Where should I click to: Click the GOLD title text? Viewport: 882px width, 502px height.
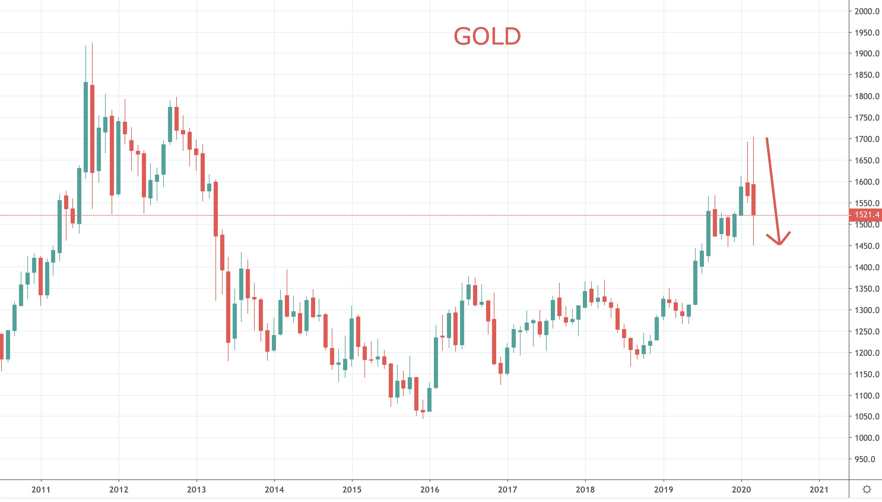pos(487,36)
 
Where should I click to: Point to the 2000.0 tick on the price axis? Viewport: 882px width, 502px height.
pos(867,11)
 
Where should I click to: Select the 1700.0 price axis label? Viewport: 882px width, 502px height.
pos(867,139)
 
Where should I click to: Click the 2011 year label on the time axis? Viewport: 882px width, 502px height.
pos(41,490)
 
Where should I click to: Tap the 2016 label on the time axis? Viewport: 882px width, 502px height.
pos(430,490)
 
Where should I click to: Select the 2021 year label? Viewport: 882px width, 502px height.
pos(819,490)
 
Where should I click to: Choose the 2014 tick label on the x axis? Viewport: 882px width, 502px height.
pos(274,490)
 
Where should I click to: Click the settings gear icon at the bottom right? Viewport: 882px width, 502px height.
pos(867,489)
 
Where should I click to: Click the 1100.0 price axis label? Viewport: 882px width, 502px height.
pos(867,396)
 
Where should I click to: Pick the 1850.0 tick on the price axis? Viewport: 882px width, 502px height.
pos(867,75)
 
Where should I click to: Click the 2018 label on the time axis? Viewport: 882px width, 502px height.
pos(585,490)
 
